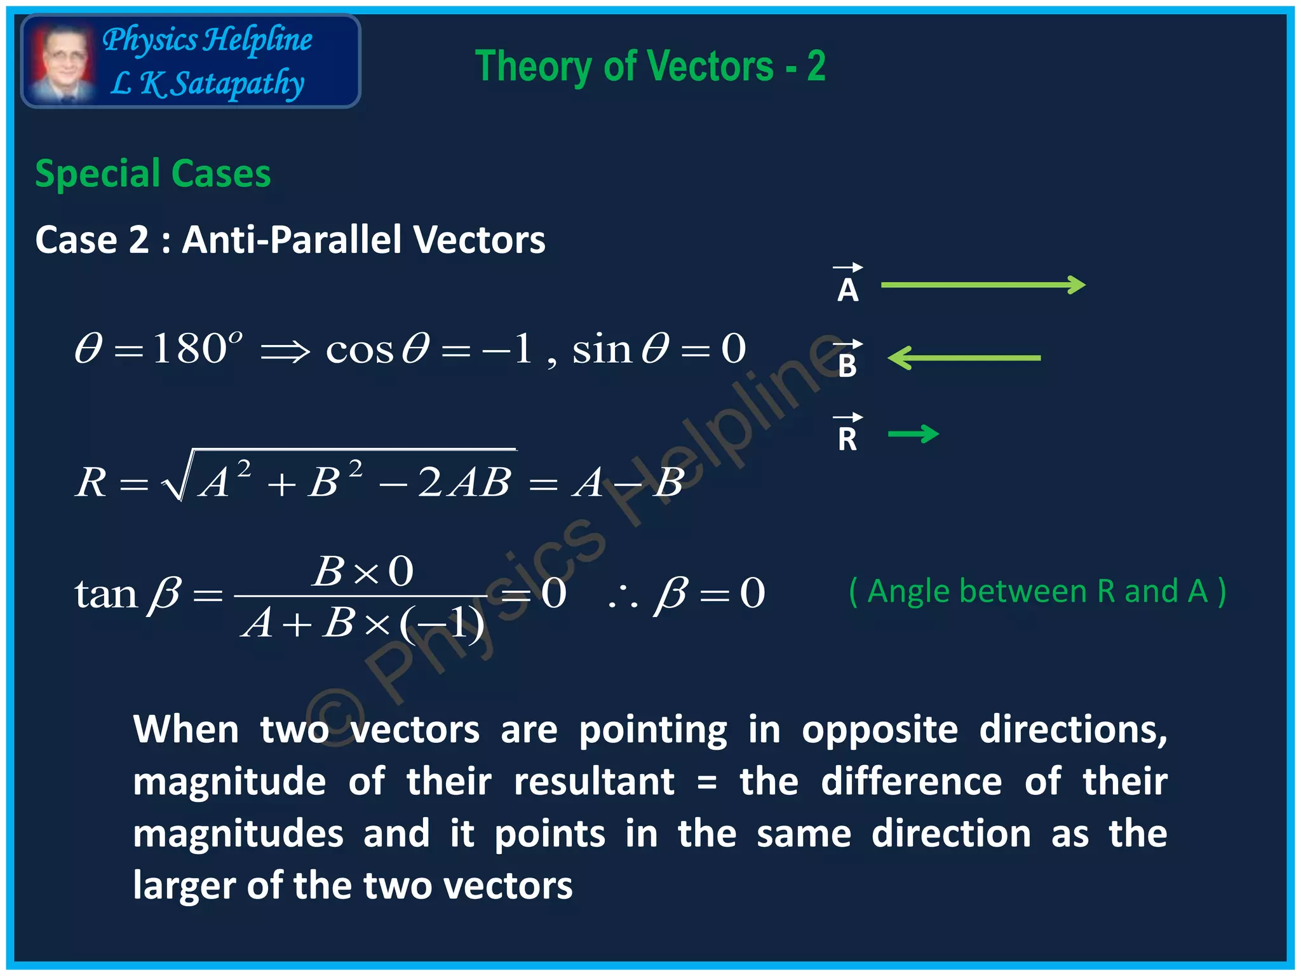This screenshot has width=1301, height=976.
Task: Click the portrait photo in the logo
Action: pos(62,62)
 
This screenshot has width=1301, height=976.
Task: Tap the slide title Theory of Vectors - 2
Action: pos(650,66)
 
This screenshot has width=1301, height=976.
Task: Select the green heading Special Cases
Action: pos(152,173)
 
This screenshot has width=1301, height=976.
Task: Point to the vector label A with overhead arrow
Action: pos(847,284)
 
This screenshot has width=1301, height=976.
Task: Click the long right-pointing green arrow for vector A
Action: pos(983,285)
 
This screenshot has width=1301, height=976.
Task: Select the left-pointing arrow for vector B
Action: pos(964,358)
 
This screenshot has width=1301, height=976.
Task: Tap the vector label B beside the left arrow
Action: pos(847,360)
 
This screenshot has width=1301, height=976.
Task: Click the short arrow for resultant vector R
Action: pos(913,434)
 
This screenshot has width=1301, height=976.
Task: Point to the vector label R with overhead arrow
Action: pos(847,433)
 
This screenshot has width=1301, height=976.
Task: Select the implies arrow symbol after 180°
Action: pos(285,351)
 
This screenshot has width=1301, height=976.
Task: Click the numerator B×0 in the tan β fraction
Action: pos(363,571)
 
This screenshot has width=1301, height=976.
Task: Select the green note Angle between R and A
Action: pos(1037,591)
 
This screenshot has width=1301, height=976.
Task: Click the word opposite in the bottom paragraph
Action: pos(879,729)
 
